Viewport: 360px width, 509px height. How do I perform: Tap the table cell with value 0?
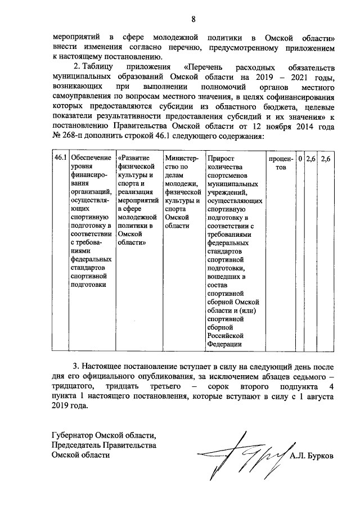[301, 159]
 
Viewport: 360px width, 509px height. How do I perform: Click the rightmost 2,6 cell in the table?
[326, 159]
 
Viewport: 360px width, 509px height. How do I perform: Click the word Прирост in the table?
[220, 159]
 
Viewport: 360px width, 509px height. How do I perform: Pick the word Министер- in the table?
[183, 159]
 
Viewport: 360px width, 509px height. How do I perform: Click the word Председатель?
[76, 445]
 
